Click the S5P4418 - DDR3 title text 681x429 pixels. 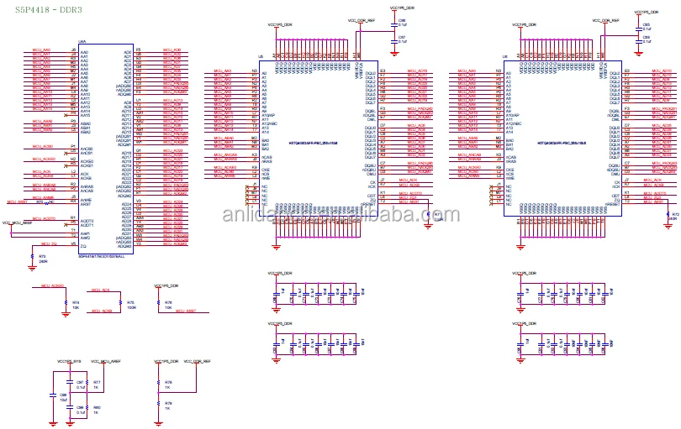(x=41, y=9)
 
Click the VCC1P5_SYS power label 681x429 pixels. (x=70, y=360)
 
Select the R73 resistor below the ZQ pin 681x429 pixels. (x=33, y=258)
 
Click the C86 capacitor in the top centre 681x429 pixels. (x=395, y=23)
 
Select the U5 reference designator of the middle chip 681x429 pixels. (x=261, y=56)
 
